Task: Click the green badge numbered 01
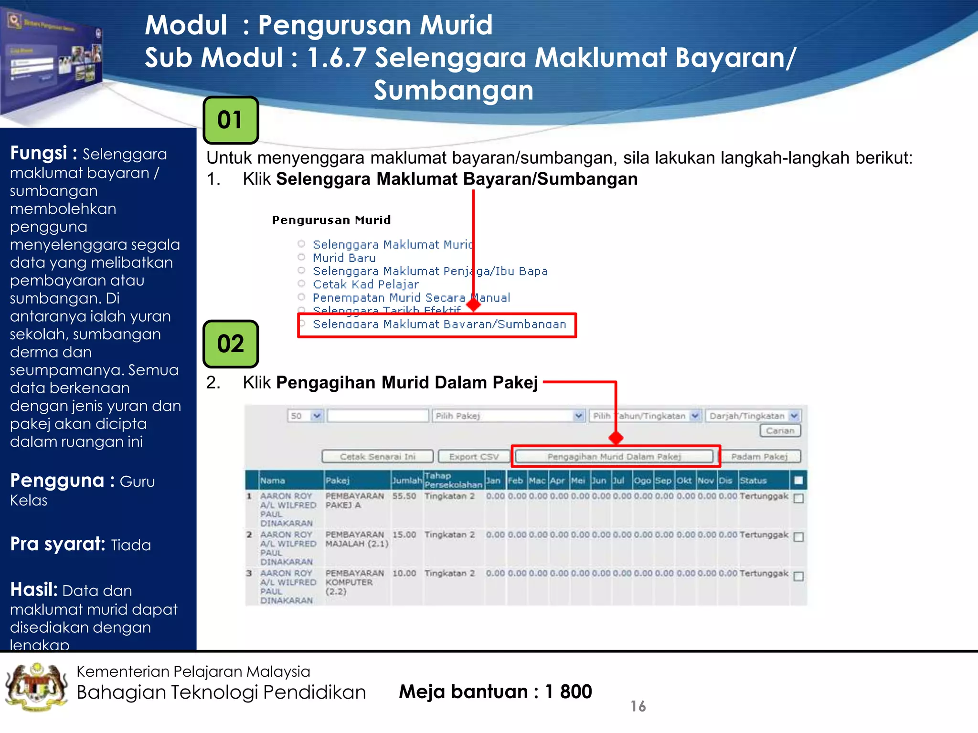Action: pos(231,120)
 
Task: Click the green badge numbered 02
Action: pos(231,344)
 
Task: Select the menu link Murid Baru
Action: pos(344,258)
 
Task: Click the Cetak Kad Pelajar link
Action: pos(365,285)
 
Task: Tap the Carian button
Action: pos(780,431)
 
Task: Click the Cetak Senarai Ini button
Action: pos(377,457)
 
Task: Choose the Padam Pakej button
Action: pos(759,457)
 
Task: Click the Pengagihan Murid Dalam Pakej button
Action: pos(614,457)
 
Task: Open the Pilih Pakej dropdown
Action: pos(509,416)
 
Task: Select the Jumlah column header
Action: pos(407,481)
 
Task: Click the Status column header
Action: pos(753,481)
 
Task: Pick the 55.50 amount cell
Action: pos(404,496)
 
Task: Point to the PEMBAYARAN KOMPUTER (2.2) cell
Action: pos(354,582)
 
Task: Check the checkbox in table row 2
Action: pos(798,537)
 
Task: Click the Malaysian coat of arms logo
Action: pos(36,687)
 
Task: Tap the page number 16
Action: pos(638,706)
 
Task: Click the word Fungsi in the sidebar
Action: pos(38,153)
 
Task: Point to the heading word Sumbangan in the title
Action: pos(453,90)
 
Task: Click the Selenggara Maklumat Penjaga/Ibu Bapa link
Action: pos(430,272)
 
